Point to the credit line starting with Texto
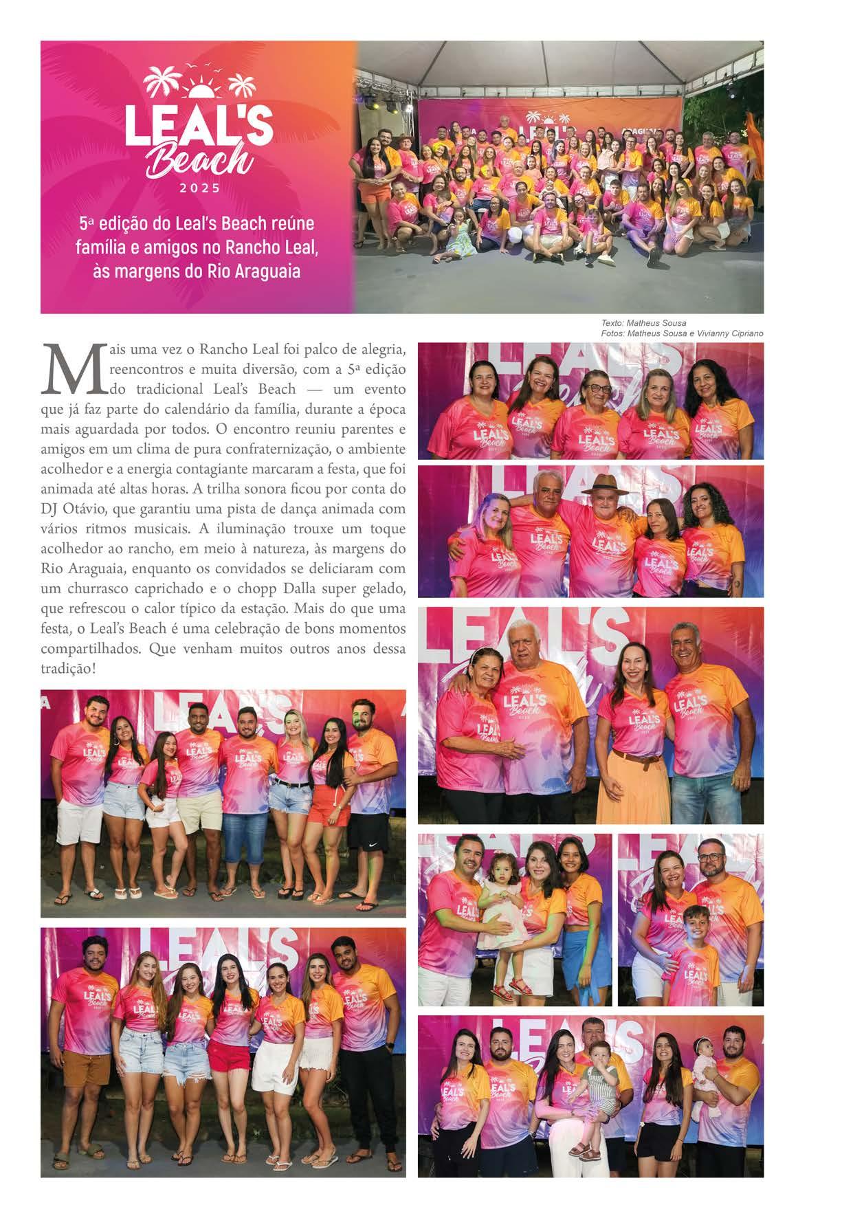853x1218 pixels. point(643,323)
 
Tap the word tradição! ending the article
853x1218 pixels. point(68,667)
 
